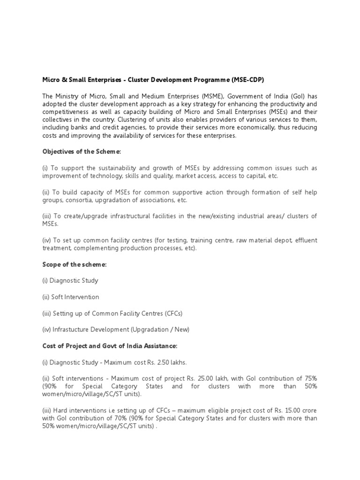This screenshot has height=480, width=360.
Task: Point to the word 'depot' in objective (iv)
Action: click(x=281, y=240)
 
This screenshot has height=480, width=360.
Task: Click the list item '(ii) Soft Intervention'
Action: click(x=71, y=297)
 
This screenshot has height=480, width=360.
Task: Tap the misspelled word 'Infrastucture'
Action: click(x=72, y=330)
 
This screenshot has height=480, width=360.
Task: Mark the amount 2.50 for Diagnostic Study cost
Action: click(x=163, y=362)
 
